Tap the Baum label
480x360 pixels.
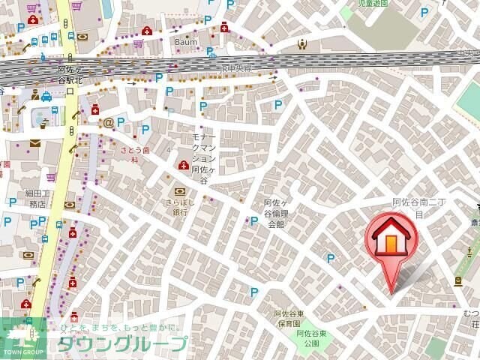pos(186,42)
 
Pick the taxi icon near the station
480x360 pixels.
pos(46,97)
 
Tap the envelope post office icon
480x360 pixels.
pos(35,142)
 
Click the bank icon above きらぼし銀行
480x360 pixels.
pos(179,190)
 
